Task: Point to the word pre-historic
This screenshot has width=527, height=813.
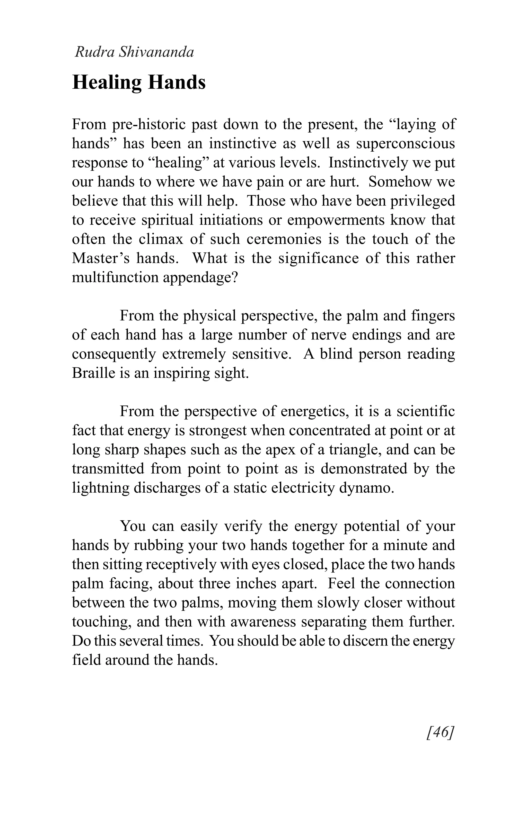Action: pyautogui.click(x=148, y=124)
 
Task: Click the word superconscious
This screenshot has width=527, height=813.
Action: pyautogui.click(x=405, y=143)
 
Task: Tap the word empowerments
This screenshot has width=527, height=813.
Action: pyautogui.click(x=336, y=220)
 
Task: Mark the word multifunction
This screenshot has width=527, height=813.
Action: pyautogui.click(x=114, y=277)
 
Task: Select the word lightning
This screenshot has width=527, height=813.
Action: pyautogui.click(x=101, y=488)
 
